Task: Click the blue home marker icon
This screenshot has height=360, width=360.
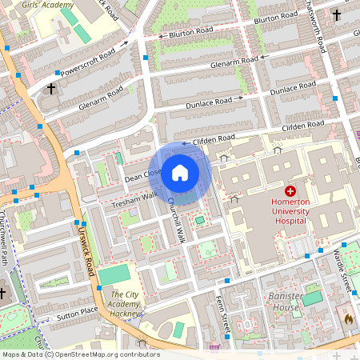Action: pyautogui.click(x=180, y=172)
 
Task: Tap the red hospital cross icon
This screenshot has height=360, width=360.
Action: pyautogui.click(x=290, y=191)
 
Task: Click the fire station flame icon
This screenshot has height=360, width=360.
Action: pyautogui.click(x=348, y=318)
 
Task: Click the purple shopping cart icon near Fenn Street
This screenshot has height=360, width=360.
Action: pyautogui.click(x=214, y=347)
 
